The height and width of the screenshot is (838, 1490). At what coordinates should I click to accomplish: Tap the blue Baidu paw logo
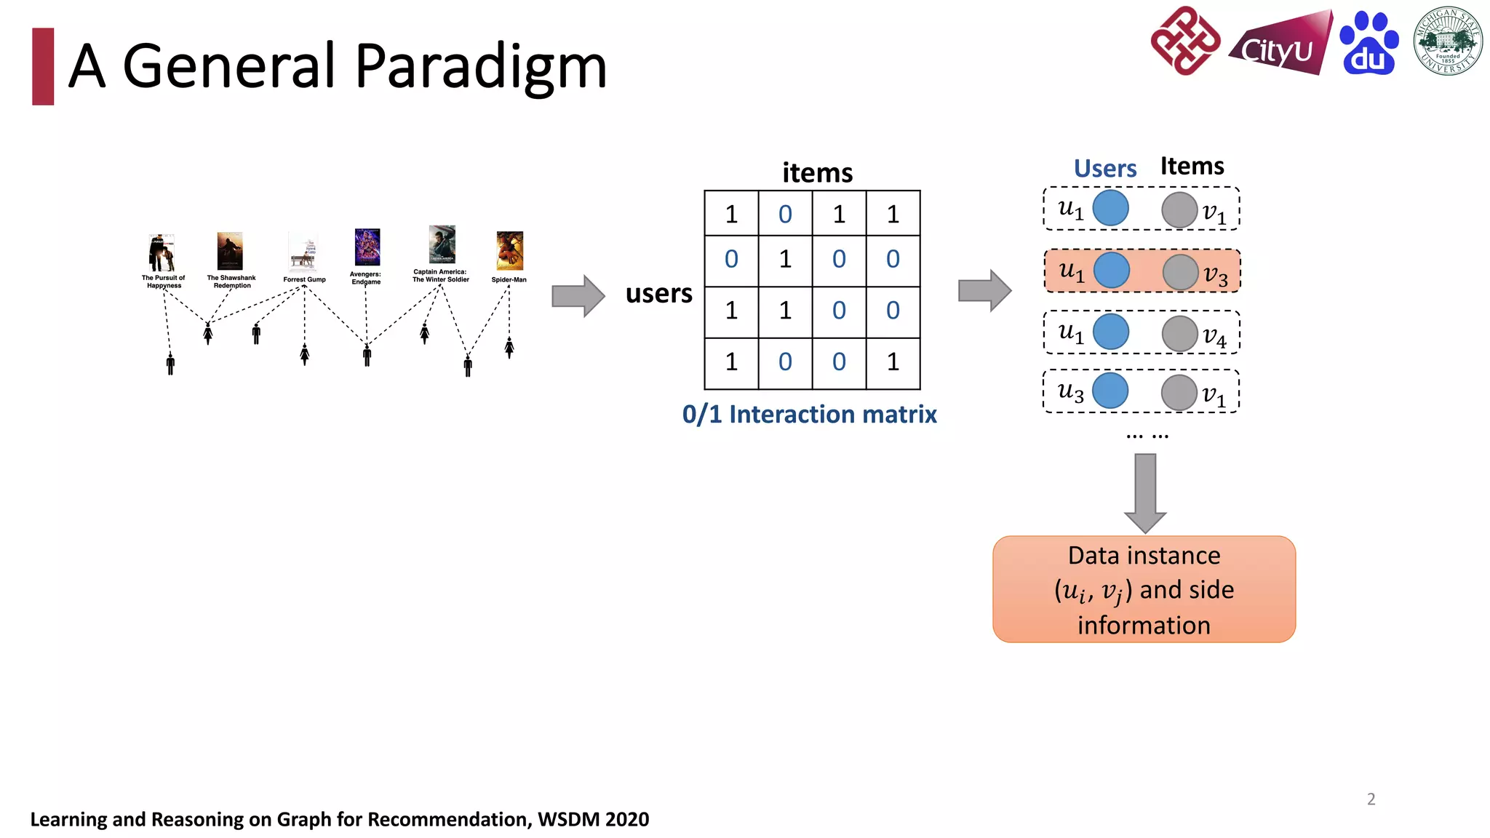(1369, 44)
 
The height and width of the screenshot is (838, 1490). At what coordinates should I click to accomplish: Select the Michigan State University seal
(1448, 41)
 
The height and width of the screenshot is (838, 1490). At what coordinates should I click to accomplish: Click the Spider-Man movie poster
(509, 251)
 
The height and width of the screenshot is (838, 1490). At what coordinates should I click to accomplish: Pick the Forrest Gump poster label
(304, 279)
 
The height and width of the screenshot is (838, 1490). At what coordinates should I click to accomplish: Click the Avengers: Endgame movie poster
(367, 247)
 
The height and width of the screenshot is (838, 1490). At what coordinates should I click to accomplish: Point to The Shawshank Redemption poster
(230, 251)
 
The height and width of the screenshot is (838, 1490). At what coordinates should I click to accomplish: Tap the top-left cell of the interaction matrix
(731, 214)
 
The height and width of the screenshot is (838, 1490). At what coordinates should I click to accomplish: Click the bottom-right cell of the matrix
(893, 362)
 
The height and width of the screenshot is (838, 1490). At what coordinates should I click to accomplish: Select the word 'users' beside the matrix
(658, 293)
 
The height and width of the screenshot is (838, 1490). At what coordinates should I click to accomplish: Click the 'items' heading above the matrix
(817, 173)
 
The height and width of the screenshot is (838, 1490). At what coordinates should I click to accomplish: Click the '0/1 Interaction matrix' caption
(809, 414)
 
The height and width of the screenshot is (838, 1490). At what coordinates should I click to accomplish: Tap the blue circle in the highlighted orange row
(1111, 271)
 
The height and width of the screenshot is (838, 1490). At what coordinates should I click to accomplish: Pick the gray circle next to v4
(1179, 334)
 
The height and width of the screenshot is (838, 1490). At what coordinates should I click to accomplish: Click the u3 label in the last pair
(1070, 392)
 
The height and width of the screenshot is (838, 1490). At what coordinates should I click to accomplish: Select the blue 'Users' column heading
(1104, 169)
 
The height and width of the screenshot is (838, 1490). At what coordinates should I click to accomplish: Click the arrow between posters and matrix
(578, 296)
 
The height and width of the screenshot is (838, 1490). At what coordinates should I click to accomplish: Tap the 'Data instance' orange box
(1144, 589)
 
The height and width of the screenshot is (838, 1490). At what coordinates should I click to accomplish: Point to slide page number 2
(1371, 799)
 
